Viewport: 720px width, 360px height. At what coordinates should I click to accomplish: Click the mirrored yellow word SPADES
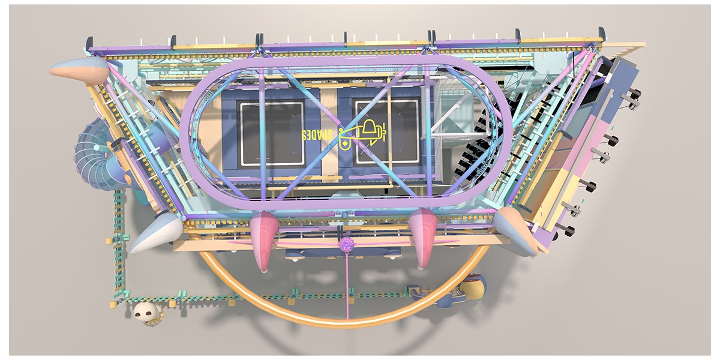317,135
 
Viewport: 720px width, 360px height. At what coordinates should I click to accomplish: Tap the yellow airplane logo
362,135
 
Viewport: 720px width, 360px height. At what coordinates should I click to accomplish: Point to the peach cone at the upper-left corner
80,70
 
